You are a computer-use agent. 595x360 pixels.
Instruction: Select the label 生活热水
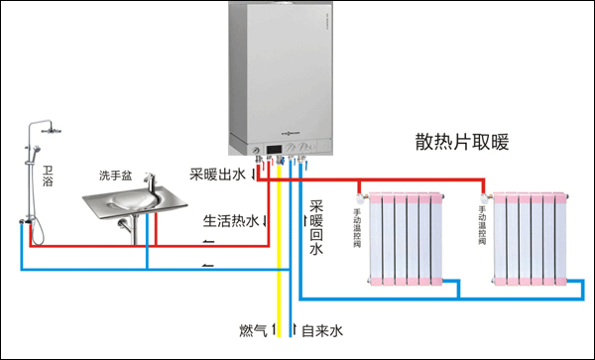click(231, 220)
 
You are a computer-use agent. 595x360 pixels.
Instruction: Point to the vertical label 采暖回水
click(316, 228)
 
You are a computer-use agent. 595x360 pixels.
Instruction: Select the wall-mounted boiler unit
click(280, 74)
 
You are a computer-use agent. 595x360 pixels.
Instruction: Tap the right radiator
click(532, 238)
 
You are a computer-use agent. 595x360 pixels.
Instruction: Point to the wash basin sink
click(134, 202)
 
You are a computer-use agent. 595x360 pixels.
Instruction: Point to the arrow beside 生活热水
click(269, 220)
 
